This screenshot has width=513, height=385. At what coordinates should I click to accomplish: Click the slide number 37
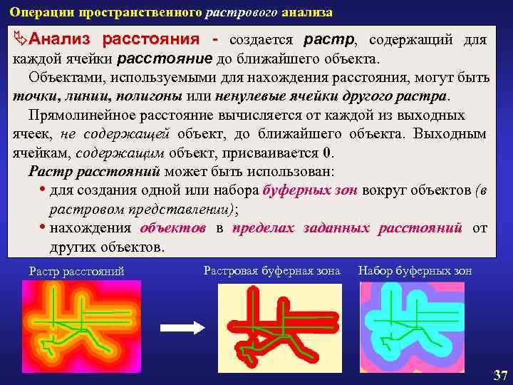coord(500,375)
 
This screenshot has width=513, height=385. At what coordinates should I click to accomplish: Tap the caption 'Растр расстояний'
coord(76,271)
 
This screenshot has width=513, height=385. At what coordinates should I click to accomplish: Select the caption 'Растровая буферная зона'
coord(271,270)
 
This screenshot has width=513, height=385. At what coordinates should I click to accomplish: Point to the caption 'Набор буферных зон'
coord(415,270)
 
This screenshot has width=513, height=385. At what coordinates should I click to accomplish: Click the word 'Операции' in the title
coord(35,13)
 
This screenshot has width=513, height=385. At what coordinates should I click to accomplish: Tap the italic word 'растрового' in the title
coord(236,13)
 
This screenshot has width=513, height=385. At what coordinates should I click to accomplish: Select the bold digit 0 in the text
coord(326,153)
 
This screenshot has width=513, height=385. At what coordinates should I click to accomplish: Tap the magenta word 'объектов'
coord(173,228)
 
